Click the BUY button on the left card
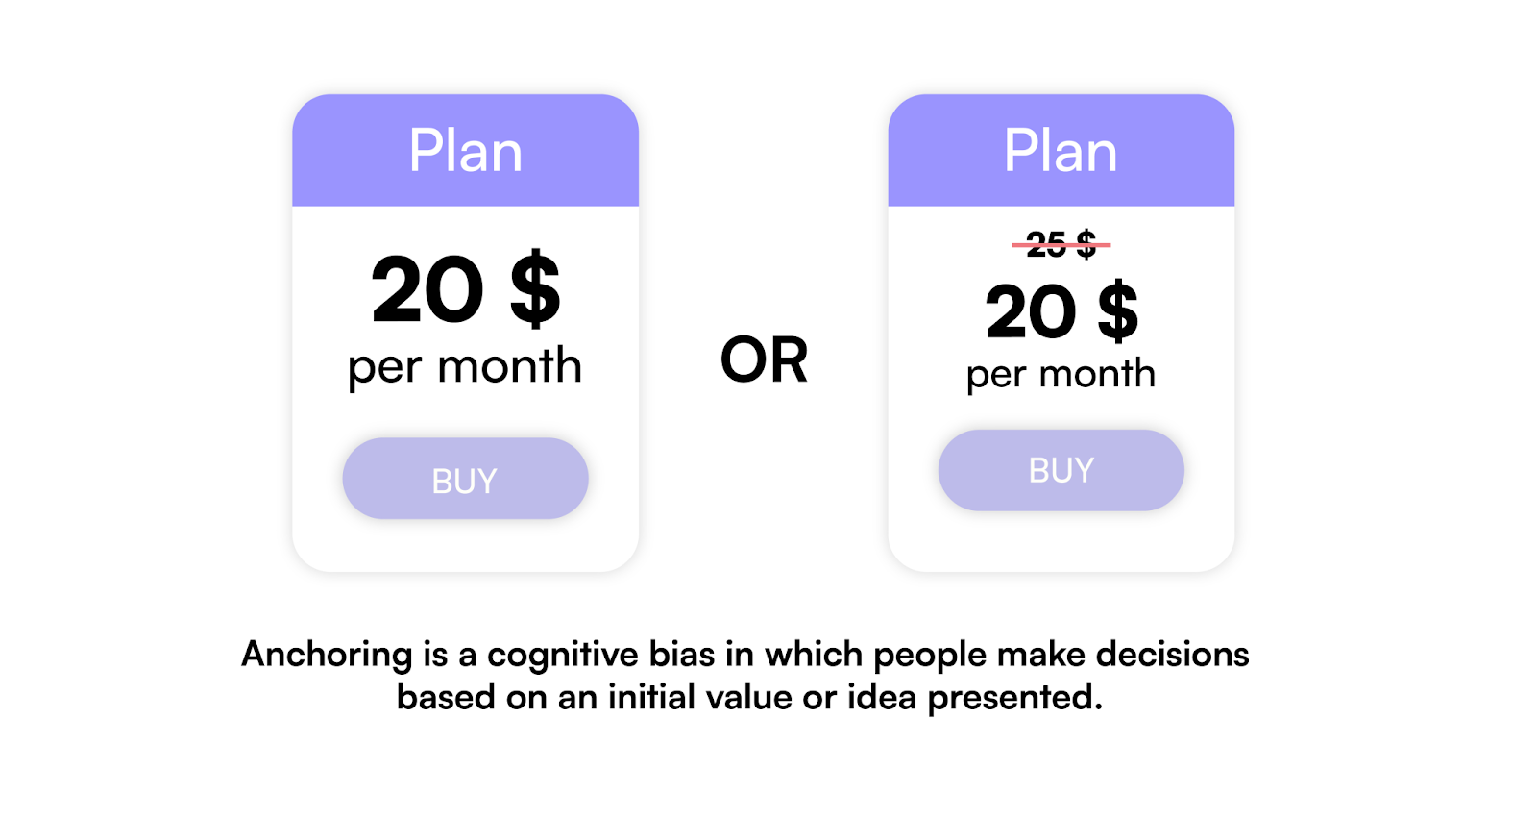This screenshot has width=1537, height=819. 465,479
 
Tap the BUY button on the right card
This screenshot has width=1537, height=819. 1061,470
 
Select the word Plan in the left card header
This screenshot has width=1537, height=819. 465,151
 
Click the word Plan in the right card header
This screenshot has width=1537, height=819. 1061,151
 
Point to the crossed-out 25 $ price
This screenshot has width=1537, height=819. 1061,244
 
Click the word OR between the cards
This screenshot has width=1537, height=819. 764,360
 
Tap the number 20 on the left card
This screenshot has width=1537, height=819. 427,289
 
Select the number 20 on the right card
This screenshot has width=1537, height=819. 1031,311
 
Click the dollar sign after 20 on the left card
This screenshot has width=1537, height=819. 535,288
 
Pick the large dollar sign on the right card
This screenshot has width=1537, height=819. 1118,311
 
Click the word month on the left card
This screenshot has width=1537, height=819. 510,365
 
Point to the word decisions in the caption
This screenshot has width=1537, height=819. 1172,655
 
